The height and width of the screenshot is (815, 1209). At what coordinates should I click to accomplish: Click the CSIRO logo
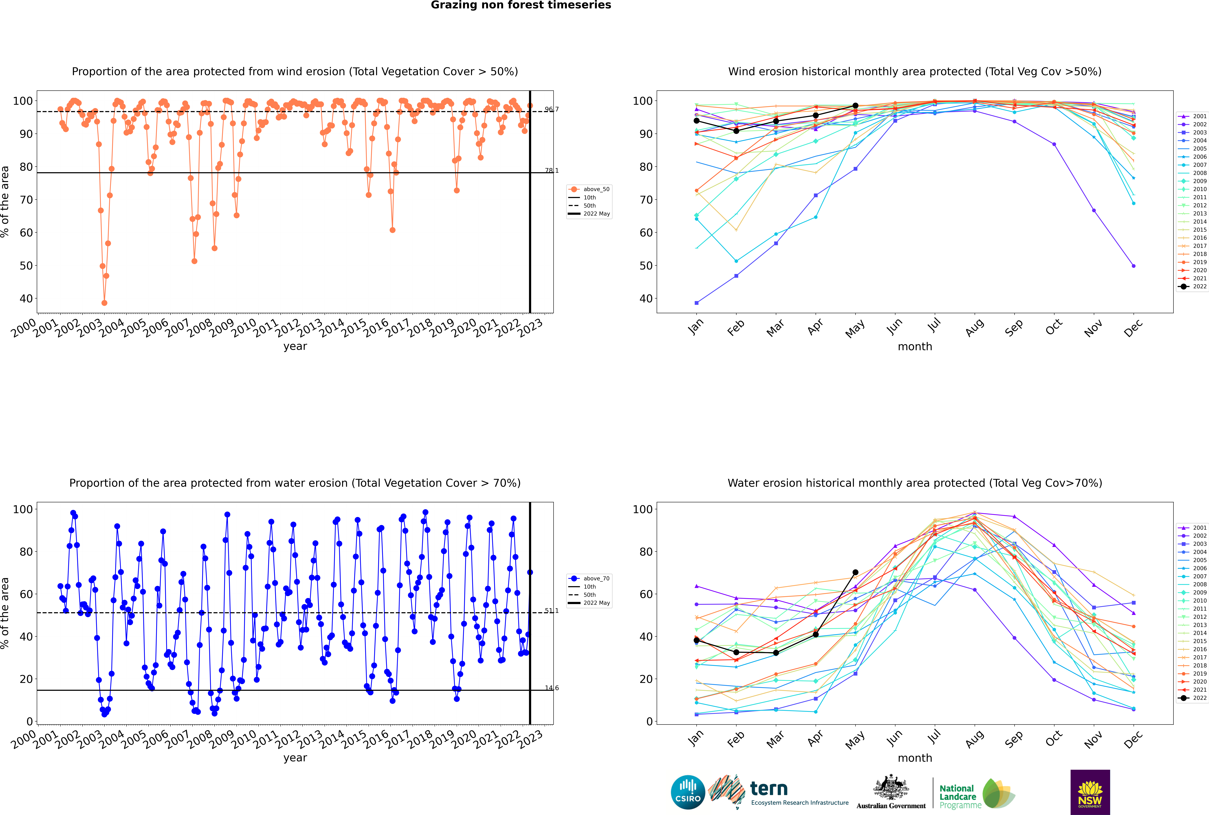pyautogui.click(x=688, y=792)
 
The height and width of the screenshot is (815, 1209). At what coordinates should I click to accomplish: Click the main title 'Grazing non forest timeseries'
pyautogui.click(x=521, y=5)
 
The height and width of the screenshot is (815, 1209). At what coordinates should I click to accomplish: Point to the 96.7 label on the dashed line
pyautogui.click(x=551, y=109)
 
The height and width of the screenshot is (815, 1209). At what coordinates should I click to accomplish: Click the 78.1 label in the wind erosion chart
pyautogui.click(x=551, y=171)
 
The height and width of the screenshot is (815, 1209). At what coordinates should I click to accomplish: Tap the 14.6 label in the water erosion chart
pyautogui.click(x=551, y=688)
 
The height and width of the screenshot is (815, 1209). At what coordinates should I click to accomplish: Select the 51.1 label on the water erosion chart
pyautogui.click(x=551, y=611)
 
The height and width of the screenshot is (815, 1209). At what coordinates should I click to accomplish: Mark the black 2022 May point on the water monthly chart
pyautogui.click(x=855, y=572)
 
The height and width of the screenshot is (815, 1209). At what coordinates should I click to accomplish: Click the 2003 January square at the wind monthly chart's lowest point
pyautogui.click(x=697, y=302)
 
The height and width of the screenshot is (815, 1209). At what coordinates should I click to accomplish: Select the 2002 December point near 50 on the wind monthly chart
pyautogui.click(x=1133, y=266)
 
